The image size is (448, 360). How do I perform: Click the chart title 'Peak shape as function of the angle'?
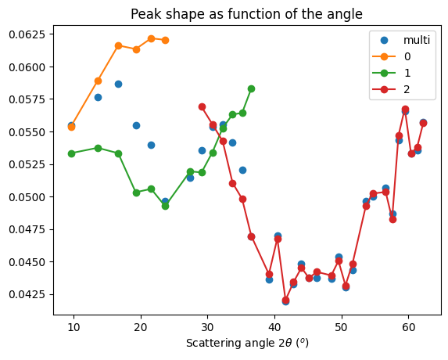coord(246,14)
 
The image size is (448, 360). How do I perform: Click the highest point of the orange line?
coord(151,38)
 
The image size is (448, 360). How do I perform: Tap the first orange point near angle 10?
coord(71,126)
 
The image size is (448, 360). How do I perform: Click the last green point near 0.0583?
coord(251,88)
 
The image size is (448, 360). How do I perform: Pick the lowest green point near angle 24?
coord(165,206)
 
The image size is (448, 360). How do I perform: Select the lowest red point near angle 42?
coord(285,300)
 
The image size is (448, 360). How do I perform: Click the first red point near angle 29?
coord(202,106)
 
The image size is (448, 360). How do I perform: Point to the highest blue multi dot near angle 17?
coord(118,84)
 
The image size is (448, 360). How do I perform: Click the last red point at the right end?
coord(423,123)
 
